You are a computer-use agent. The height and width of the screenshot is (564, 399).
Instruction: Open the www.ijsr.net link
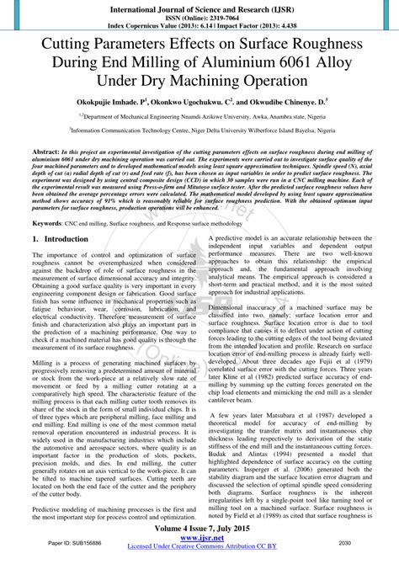pos(199,539)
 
